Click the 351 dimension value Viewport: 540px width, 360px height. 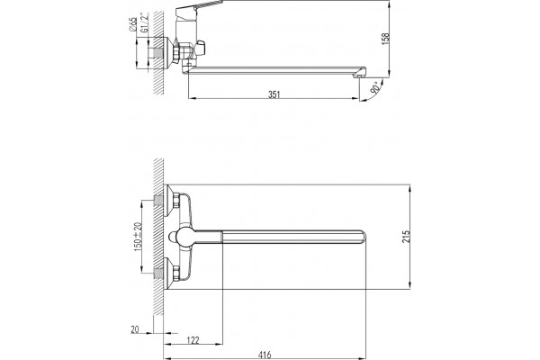[274, 94]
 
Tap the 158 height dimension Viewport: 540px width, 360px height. [385, 38]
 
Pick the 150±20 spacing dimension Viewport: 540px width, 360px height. [138, 237]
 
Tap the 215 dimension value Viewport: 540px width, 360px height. [407, 237]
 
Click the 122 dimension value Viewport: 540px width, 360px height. [193, 340]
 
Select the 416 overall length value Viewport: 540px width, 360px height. [265, 355]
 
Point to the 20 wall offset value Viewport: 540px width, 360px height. [135, 329]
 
